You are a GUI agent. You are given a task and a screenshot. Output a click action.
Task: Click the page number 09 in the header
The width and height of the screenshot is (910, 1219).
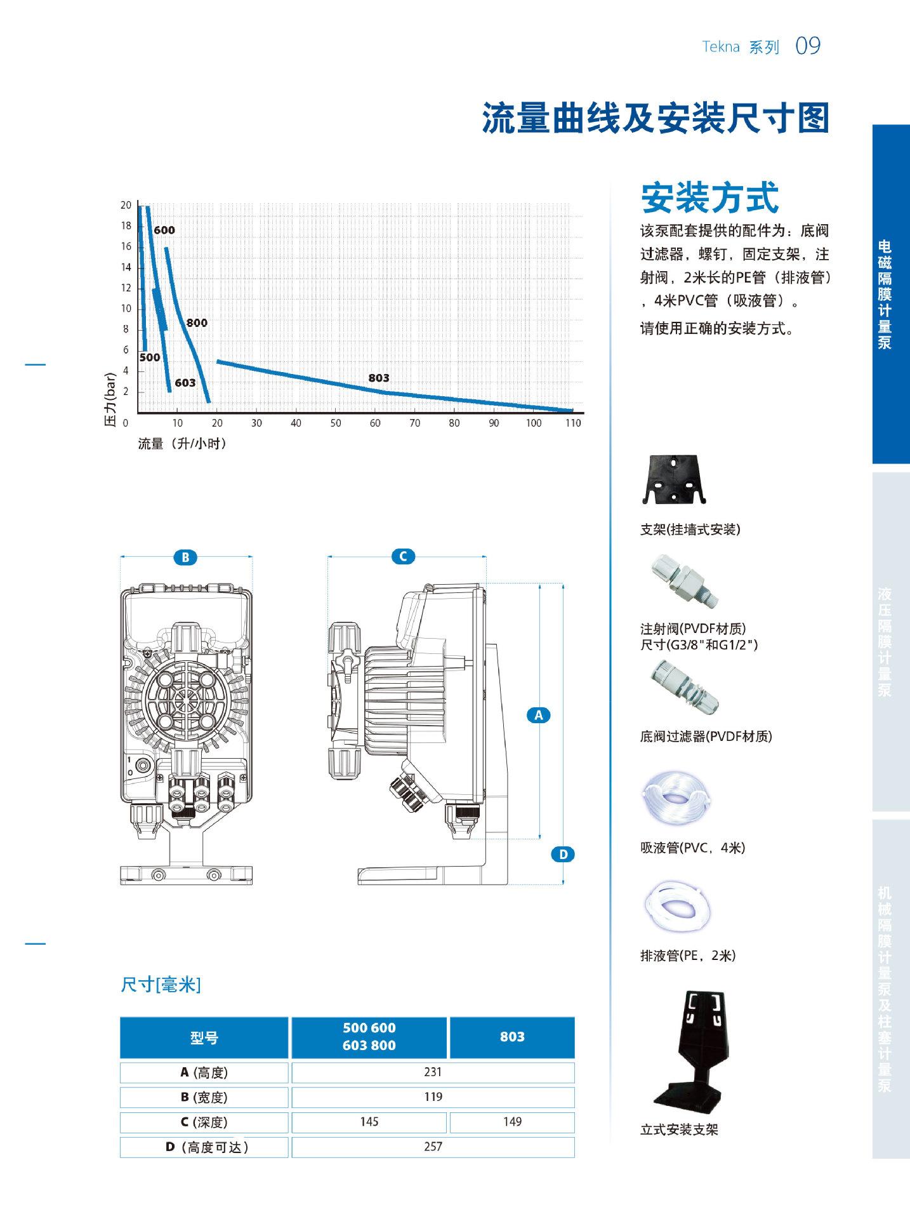808,46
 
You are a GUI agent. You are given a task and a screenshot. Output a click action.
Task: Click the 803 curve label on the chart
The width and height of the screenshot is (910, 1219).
379,378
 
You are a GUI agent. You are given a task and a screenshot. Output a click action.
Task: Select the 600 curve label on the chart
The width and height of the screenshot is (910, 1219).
164,230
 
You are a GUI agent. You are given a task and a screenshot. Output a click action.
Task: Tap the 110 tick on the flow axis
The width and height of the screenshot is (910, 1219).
573,423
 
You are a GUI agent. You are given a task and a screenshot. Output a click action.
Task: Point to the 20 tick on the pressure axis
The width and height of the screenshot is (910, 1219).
126,205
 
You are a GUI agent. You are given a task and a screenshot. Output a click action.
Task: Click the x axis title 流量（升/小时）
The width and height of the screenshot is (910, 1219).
183,444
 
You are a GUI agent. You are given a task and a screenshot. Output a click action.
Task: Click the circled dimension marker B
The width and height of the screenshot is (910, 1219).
185,558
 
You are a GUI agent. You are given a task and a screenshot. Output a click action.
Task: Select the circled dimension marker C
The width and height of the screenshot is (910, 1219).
403,557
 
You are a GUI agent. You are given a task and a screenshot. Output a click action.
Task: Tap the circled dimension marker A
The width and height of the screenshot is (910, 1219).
539,716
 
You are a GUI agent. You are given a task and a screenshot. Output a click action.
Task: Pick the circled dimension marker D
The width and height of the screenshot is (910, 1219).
563,855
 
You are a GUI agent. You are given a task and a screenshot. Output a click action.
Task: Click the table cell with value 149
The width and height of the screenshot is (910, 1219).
512,1122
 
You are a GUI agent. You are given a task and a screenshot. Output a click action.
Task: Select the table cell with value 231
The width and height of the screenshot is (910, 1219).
433,1072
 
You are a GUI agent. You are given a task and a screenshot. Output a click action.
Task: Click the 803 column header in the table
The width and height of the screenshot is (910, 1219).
512,1037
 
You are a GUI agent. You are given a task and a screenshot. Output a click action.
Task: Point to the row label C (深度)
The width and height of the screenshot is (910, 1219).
204,1122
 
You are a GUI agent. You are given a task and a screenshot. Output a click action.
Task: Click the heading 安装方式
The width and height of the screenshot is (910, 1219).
709,197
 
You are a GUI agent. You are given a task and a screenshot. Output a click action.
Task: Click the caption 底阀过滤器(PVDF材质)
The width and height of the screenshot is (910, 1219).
706,736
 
